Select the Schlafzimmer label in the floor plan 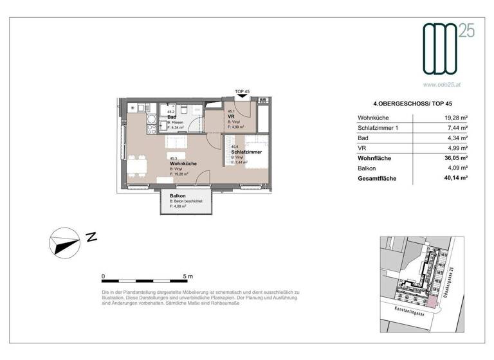(x=245, y=152)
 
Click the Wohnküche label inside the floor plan (x=183, y=163)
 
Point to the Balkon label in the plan (x=178, y=196)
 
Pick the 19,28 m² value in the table (x=455, y=118)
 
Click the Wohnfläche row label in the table (x=374, y=158)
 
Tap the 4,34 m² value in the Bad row (x=457, y=138)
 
